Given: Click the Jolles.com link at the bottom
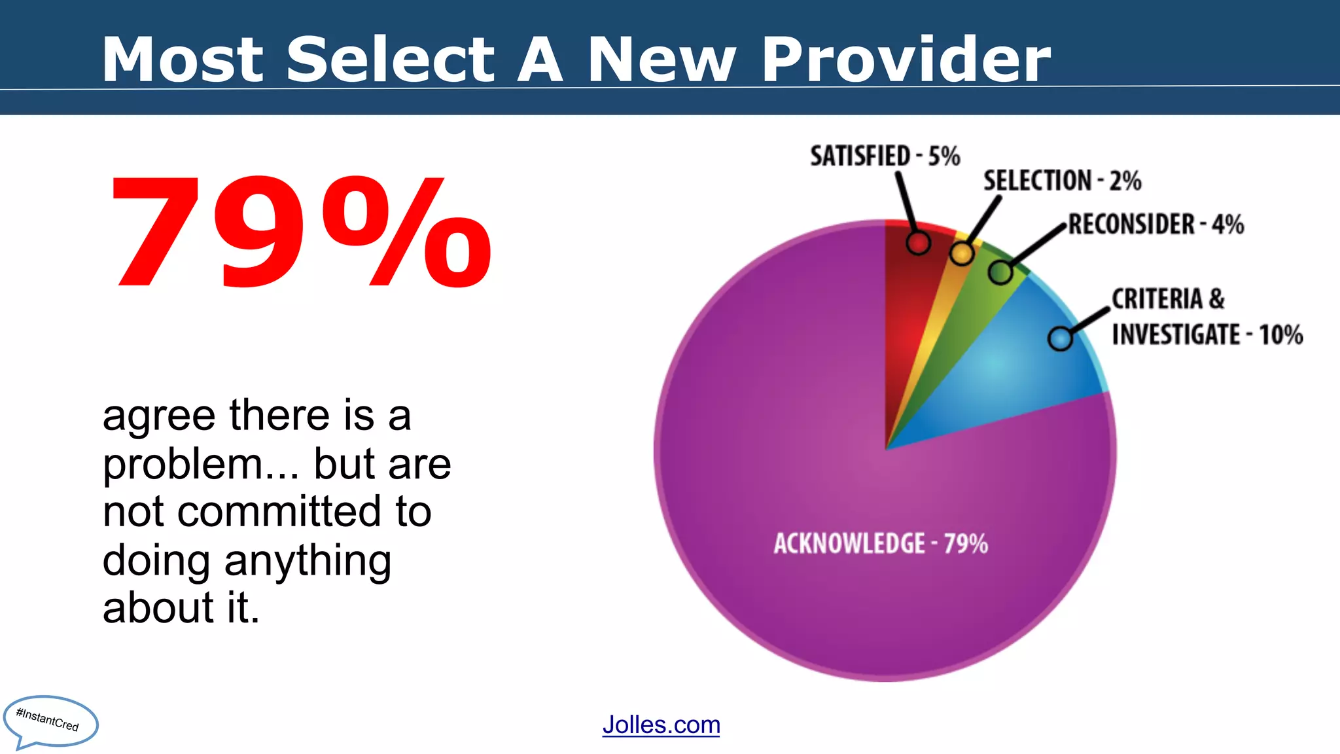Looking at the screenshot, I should tap(661, 725).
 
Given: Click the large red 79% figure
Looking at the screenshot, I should tap(301, 232).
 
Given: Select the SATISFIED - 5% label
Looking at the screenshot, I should tap(885, 156).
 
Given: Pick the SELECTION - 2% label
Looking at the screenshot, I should tap(1062, 181).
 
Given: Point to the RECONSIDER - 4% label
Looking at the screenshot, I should tap(1155, 224).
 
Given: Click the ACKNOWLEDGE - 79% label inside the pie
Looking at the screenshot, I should tap(881, 543).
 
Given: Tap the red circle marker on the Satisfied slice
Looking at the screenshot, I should tap(918, 243).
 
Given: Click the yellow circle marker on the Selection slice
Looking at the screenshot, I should tap(961, 253).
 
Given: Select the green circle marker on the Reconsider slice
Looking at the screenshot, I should tap(1000, 272).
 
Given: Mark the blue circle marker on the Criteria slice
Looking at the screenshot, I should tap(1060, 338).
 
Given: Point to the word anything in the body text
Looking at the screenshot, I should tap(308, 562).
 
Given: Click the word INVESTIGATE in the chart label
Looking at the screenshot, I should tap(1176, 335).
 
